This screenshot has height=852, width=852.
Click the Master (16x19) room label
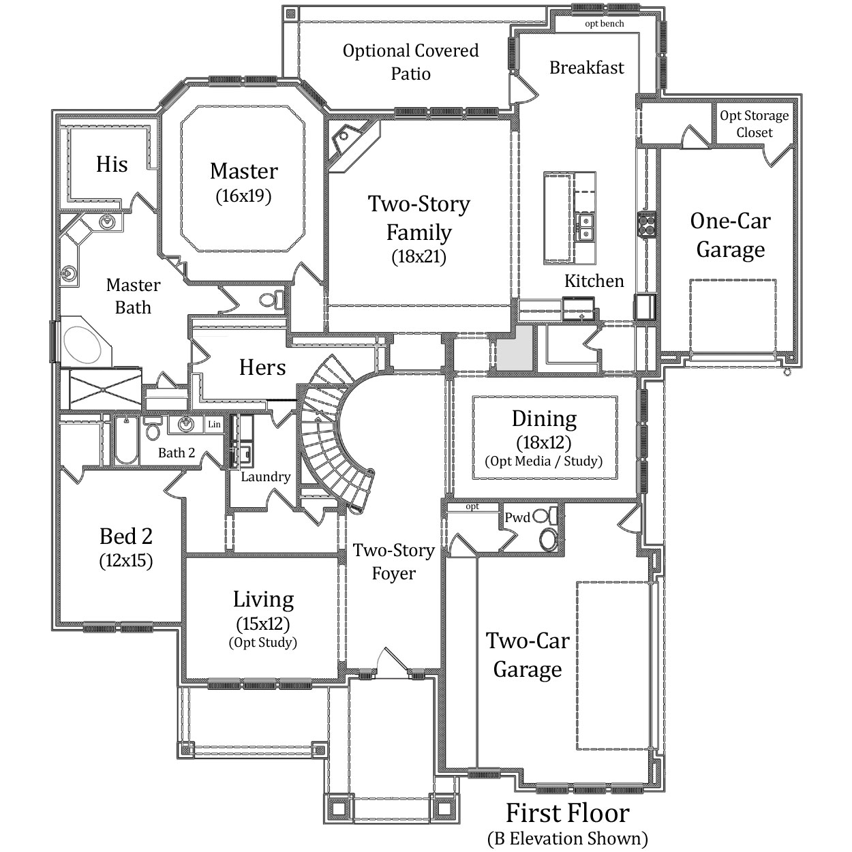pos(243,183)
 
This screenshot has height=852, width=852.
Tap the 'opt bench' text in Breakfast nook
pos(605,24)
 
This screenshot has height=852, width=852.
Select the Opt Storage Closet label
pos(755,124)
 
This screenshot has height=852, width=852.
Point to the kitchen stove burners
pos(646,224)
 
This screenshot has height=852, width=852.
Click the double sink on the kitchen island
pos(585,226)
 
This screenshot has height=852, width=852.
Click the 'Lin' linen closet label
pos(214,425)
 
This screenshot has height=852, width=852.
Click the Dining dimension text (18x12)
pos(544,442)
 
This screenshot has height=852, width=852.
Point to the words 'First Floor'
pos(568,812)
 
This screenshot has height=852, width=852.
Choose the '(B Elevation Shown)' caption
pos(568,838)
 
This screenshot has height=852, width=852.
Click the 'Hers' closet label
pos(262,367)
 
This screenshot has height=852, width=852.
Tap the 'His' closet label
pos(112,164)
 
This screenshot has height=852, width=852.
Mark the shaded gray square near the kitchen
pos(514,348)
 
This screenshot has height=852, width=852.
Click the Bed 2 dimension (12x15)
pos(126,561)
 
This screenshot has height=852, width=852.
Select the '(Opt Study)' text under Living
pos(262,642)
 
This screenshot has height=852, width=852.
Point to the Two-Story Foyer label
pos(393,562)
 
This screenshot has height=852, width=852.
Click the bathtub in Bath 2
pos(127,440)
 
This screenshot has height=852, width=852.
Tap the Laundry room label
pos(265,476)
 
